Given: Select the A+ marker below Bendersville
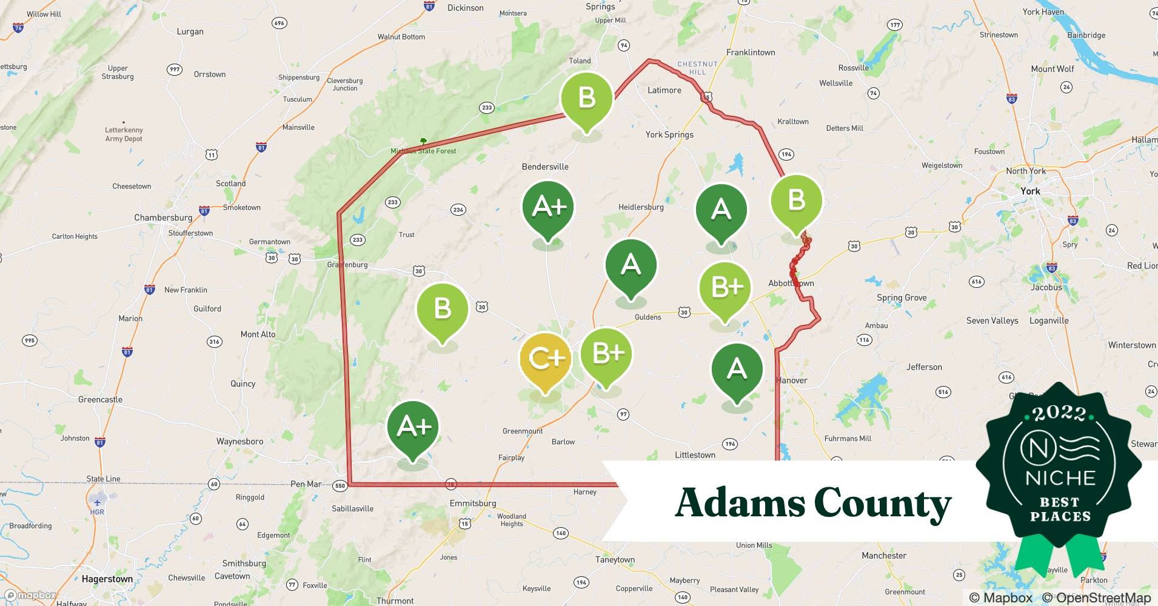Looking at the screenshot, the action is click(548, 208).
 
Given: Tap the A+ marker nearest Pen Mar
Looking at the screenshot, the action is click(413, 428).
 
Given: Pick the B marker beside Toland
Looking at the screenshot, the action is click(586, 98).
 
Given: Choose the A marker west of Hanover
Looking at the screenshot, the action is click(737, 369).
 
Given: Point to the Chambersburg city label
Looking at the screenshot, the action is click(163, 218).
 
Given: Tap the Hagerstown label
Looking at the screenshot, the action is click(107, 579).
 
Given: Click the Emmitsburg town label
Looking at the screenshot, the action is click(473, 503).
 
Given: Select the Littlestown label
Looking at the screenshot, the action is click(695, 454).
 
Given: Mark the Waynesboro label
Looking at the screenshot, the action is click(239, 441).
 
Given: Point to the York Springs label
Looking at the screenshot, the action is click(669, 135).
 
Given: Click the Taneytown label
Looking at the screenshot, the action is click(615, 559).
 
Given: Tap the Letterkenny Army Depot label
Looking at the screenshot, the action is click(124, 134).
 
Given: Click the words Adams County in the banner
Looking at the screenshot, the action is click(812, 503).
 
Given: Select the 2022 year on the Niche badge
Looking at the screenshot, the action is click(1059, 413).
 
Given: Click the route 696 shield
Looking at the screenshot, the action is click(279, 23).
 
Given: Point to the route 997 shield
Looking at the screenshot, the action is click(174, 69).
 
